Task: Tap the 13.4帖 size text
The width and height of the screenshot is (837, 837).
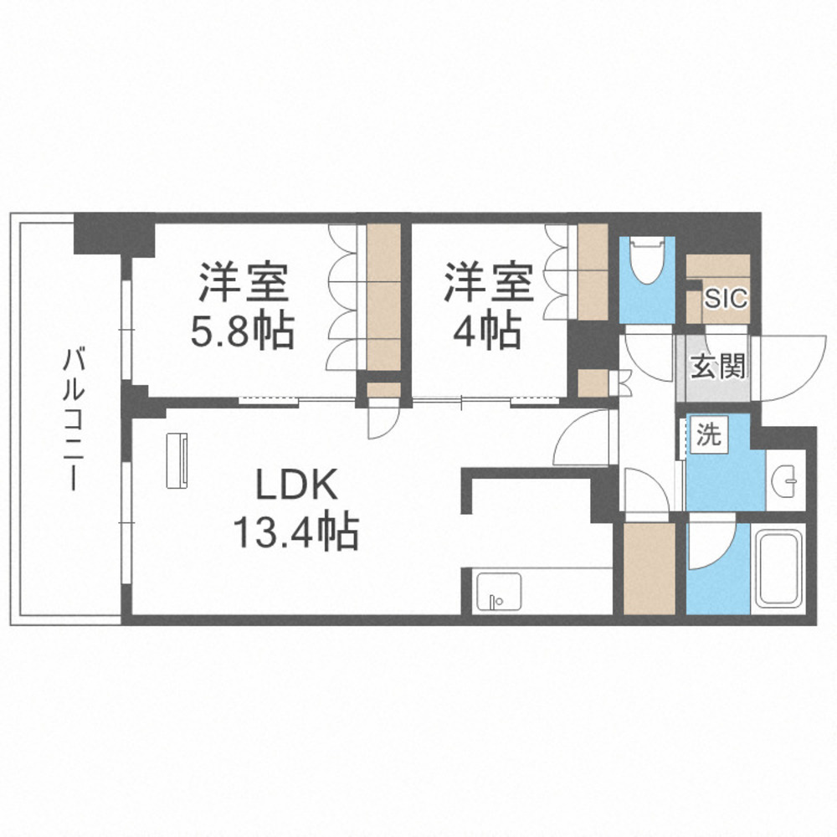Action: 296,531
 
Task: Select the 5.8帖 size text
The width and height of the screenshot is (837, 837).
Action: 244,332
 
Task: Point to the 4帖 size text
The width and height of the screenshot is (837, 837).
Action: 487,332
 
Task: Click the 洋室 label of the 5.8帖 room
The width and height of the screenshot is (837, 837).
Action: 244,284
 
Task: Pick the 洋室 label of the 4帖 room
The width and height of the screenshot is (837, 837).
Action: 489,282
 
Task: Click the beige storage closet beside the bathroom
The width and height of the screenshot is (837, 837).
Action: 649,567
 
